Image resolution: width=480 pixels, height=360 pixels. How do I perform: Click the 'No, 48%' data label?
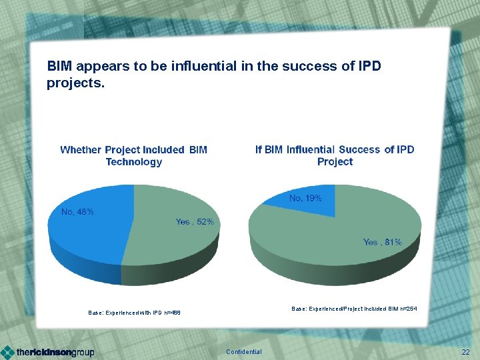click(77, 212)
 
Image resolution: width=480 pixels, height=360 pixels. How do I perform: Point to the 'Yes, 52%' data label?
click(195, 222)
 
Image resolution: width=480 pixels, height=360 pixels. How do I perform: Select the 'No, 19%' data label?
click(305, 198)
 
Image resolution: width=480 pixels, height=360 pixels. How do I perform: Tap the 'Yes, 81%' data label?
click(382, 242)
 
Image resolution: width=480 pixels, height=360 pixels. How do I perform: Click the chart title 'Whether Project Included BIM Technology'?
click(133, 155)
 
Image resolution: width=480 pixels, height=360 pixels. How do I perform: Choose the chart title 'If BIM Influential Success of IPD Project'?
click(335, 155)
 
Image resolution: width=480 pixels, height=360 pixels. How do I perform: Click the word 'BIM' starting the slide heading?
click(60, 67)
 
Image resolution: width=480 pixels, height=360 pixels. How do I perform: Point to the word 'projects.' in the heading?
click(75, 84)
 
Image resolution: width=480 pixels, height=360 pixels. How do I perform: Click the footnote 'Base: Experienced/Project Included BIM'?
click(354, 309)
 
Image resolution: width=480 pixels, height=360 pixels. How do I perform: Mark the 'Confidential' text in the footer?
click(244, 352)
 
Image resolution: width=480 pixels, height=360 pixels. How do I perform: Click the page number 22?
click(465, 352)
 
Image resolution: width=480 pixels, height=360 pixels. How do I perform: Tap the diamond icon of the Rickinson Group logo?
click(7, 352)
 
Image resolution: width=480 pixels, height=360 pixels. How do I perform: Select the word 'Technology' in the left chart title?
click(133, 162)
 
